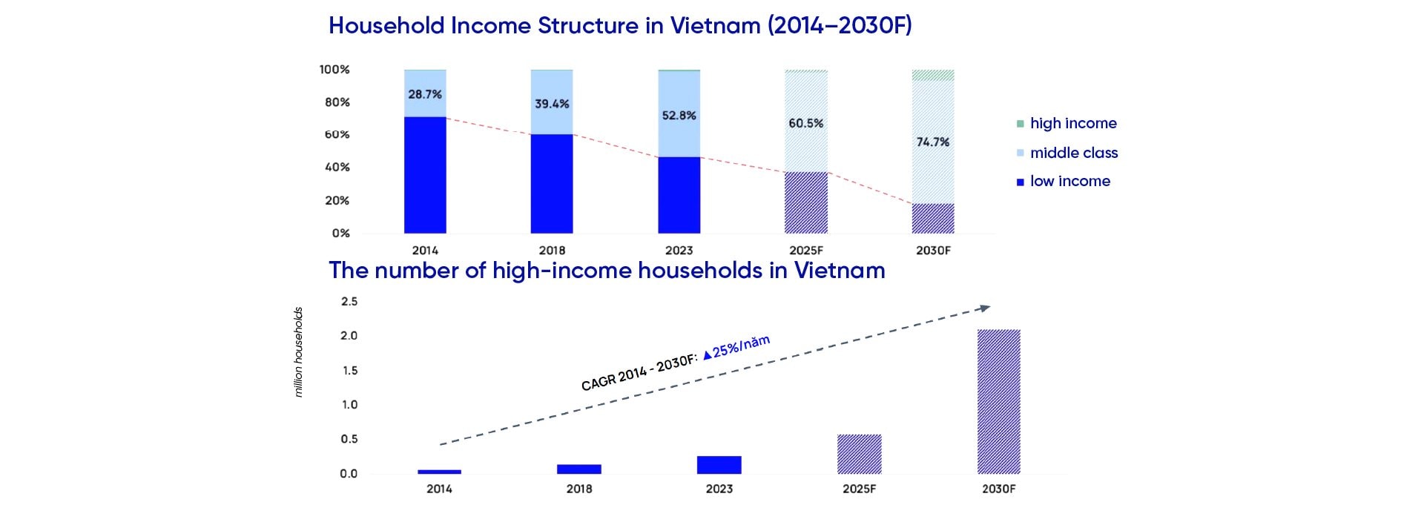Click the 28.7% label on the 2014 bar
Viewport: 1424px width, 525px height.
425,94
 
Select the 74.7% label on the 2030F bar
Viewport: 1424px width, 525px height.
933,142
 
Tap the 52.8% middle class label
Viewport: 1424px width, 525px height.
679,115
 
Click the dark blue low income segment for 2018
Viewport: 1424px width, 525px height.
552,184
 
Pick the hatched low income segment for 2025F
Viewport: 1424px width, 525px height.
806,202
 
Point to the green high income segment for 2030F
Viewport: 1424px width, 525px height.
933,75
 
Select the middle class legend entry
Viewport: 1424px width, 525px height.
1067,153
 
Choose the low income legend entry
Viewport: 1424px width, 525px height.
1064,181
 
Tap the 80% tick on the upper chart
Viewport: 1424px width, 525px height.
337,102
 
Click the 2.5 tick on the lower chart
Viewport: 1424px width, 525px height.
349,301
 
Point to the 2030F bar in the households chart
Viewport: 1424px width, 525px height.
999,402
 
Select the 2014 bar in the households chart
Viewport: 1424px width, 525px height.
439,472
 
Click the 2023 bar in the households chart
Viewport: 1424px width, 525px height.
719,465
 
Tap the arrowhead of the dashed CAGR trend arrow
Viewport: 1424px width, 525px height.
984,308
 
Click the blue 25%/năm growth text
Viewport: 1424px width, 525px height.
736,346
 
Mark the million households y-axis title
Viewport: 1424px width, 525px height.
298,352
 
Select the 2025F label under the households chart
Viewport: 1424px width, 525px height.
859,489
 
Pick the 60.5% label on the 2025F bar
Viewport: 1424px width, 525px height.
806,123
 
